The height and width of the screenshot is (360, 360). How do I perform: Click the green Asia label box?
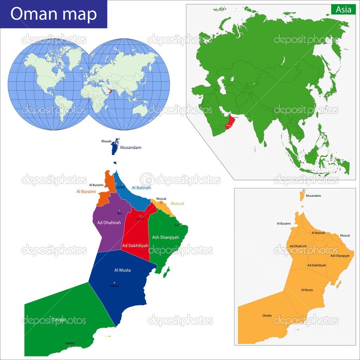[343, 9]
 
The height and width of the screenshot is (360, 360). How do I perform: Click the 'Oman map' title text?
[53, 14]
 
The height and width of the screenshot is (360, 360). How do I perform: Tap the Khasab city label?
[106, 141]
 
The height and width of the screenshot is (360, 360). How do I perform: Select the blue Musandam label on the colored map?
[131, 148]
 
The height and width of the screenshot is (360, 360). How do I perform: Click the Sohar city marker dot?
[122, 185]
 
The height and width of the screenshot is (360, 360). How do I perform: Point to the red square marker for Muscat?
[161, 203]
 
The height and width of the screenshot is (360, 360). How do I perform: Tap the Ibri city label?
[119, 213]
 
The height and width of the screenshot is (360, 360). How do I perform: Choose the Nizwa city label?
[140, 219]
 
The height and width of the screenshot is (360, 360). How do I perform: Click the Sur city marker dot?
[181, 225]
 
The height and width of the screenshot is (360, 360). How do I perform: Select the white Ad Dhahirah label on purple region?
[107, 223]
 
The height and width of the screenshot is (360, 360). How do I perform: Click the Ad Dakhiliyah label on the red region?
[135, 245]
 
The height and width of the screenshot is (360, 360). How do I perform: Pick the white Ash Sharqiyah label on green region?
[166, 237]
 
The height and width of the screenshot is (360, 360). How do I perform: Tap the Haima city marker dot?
[114, 282]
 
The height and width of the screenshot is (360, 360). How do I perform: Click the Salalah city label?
[70, 343]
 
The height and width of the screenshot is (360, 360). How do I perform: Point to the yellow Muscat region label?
[177, 204]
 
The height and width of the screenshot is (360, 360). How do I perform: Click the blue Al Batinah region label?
[141, 188]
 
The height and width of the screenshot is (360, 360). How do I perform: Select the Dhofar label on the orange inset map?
[267, 316]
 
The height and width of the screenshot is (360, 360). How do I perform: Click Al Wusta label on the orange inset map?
[307, 290]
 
